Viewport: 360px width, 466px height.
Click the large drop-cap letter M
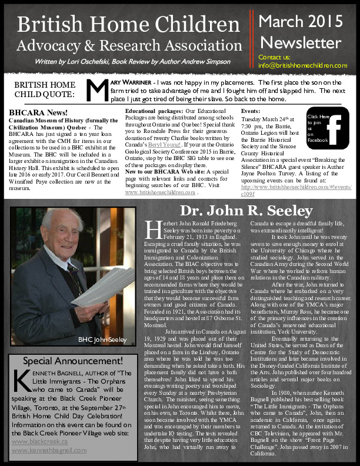(95, 89)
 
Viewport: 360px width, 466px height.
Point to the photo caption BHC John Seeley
(102, 339)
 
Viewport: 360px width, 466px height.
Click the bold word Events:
(251, 111)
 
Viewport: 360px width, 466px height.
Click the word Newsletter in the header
(301, 42)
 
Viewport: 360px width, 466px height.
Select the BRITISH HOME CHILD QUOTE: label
(45, 89)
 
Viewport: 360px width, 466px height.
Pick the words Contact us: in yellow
(274, 57)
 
